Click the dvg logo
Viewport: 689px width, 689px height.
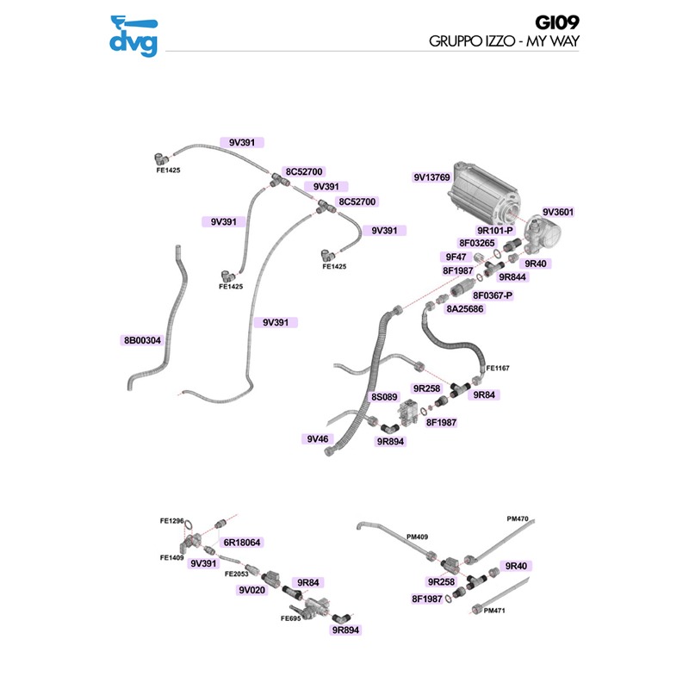click(x=133, y=36)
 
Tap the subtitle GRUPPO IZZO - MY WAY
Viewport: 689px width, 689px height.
click(x=503, y=41)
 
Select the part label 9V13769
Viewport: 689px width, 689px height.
click(x=431, y=178)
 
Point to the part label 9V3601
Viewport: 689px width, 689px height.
click(x=558, y=212)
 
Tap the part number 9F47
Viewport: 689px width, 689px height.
click(x=456, y=257)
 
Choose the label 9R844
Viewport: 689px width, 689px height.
click(x=512, y=276)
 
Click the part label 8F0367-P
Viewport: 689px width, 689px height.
click(x=493, y=295)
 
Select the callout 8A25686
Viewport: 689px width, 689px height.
click(x=465, y=308)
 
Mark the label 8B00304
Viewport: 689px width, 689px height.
click(x=142, y=340)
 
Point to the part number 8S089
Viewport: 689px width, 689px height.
click(x=383, y=397)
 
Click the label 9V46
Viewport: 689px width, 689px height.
click(x=318, y=439)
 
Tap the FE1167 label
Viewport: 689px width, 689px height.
click(x=498, y=369)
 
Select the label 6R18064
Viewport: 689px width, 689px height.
click(x=242, y=543)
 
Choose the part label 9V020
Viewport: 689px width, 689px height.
click(x=253, y=591)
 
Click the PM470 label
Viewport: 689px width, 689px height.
click(x=518, y=518)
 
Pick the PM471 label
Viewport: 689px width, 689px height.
click(x=495, y=611)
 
